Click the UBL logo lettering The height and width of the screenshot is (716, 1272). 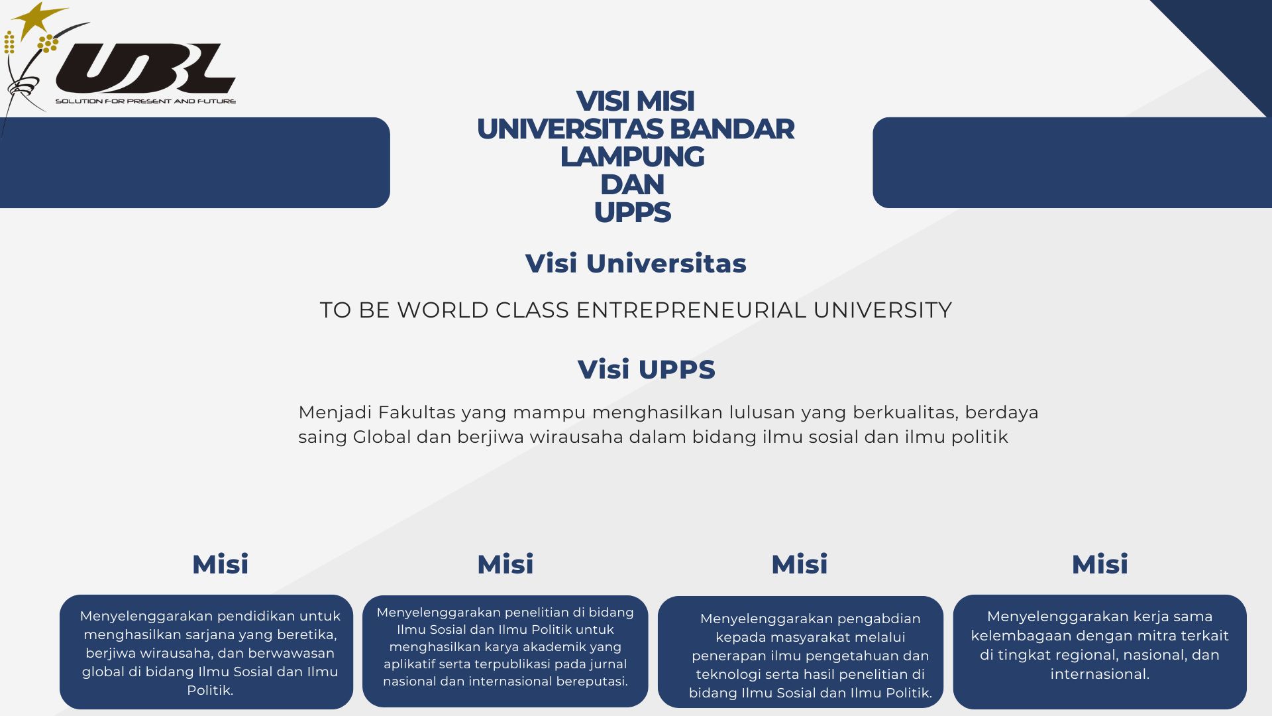146,68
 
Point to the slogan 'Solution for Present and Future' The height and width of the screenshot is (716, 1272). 146,101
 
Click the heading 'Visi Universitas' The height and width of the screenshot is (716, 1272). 635,263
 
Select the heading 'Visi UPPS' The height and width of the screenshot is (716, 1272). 646,369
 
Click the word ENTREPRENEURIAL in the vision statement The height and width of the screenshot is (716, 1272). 691,310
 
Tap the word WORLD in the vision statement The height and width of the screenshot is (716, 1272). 443,310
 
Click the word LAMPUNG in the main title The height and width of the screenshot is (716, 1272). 632,156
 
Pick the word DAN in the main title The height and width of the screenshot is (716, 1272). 632,184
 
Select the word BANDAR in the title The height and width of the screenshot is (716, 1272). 731,129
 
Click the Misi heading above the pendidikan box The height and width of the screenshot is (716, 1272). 220,564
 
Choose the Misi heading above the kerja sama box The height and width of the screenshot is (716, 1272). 1100,564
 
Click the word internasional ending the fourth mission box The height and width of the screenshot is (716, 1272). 1100,674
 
